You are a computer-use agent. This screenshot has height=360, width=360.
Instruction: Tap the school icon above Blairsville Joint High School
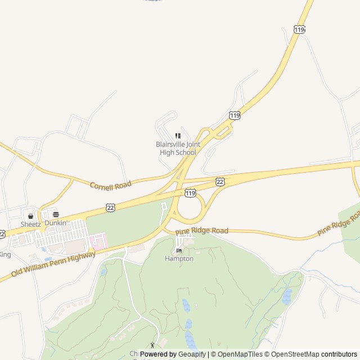point(178,136)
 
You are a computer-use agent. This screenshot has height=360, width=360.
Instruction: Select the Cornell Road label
point(110,184)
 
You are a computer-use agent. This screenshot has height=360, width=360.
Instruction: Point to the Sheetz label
point(30,224)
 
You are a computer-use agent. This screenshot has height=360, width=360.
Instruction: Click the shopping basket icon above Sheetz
point(30,216)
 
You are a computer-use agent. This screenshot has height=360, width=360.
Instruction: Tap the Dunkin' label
point(56,223)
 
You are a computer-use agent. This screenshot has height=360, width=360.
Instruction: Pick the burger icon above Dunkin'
point(56,214)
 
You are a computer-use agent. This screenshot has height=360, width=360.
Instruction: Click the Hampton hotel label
point(179,259)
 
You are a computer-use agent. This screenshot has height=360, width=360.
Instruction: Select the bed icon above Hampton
point(179,250)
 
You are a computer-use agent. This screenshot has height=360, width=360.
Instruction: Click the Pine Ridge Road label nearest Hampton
point(201,231)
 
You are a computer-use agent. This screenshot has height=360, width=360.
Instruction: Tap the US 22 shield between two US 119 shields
point(220,181)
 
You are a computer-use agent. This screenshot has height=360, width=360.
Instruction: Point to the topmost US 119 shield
point(299,29)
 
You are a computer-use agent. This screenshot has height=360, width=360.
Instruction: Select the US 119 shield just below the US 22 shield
point(191,193)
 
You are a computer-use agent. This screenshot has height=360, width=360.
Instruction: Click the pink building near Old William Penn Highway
point(99,242)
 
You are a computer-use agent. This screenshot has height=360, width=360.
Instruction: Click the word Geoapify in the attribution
point(192,354)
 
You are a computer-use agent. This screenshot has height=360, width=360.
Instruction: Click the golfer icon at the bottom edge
point(152,345)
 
